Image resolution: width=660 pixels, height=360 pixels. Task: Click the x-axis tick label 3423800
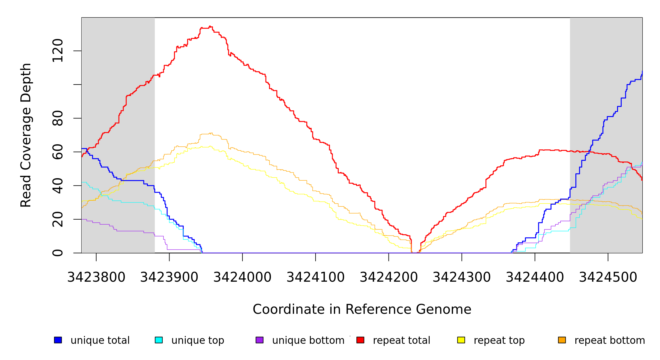pos(96,277)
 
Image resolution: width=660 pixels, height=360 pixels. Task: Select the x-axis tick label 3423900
pos(169,277)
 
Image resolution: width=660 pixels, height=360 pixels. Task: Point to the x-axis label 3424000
pos(242,277)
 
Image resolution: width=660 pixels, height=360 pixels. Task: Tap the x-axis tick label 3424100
pos(316,277)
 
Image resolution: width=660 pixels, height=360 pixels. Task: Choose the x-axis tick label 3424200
pos(389,277)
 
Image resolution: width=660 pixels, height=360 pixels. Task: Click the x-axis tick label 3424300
pos(462,277)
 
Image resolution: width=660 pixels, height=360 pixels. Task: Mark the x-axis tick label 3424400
pos(535,277)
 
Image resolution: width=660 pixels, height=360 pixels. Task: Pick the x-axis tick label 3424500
pos(608,277)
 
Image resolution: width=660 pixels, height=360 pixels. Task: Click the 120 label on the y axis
pos(58,51)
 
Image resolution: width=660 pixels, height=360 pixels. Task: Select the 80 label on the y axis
pos(58,118)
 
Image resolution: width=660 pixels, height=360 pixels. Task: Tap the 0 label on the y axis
pos(58,253)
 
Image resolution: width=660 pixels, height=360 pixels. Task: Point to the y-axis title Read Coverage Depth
pos(26,135)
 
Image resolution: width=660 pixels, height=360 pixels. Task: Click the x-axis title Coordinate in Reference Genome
pos(362,309)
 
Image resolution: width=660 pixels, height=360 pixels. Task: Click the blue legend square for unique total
pos(58,340)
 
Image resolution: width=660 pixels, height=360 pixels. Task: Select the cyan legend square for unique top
pos(159,340)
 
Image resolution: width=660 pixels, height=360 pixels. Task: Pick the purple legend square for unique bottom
pos(259,340)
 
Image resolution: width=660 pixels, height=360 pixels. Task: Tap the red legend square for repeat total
pos(360,340)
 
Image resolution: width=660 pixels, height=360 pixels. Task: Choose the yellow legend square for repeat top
pos(461,340)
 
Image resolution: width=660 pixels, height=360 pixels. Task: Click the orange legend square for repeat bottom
pos(562,340)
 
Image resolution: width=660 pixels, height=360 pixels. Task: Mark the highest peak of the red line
pos(210,26)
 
